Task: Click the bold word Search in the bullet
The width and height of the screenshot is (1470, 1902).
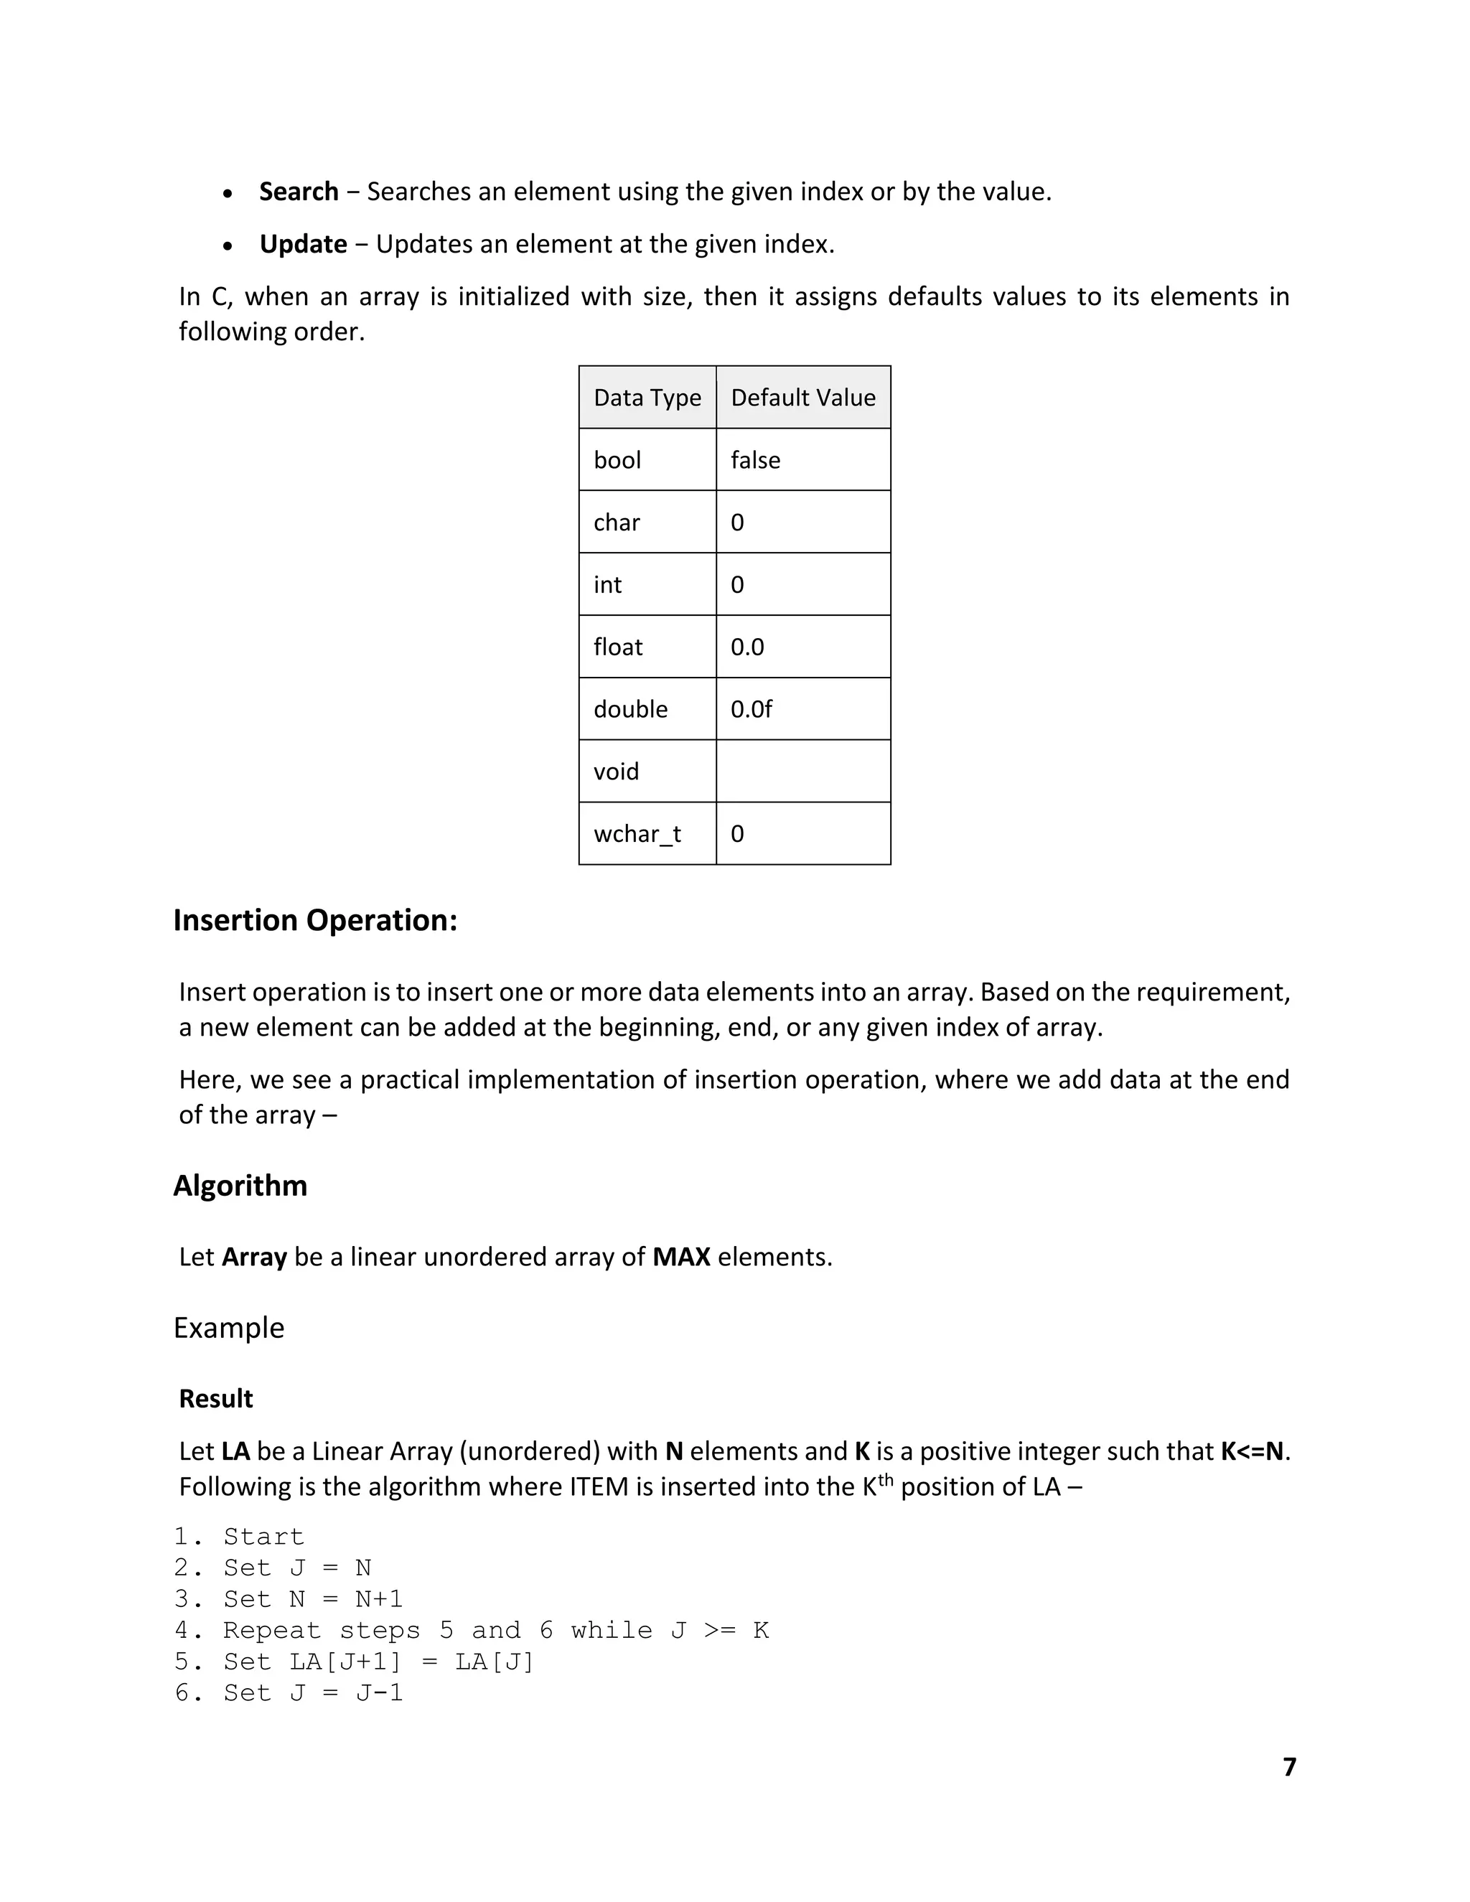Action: click(x=298, y=192)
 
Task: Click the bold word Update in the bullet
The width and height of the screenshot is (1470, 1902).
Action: click(x=302, y=244)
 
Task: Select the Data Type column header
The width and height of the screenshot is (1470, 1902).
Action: click(x=646, y=398)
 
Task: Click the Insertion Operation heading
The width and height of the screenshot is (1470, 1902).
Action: click(x=314, y=921)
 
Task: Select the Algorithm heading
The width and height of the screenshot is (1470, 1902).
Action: click(x=240, y=1186)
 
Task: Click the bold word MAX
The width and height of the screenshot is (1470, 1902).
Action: click(x=681, y=1257)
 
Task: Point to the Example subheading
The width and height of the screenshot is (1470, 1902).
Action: click(x=228, y=1328)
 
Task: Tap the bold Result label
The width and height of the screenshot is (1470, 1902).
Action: click(x=215, y=1399)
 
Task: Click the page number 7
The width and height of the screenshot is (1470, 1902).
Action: click(x=1289, y=1767)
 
